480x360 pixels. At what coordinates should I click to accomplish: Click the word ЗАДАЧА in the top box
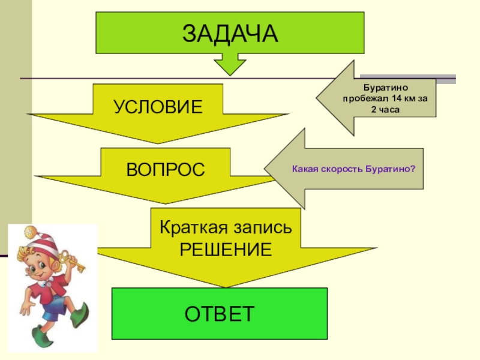pyautogui.click(x=230, y=33)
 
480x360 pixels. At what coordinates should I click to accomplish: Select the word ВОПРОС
pyautogui.click(x=165, y=169)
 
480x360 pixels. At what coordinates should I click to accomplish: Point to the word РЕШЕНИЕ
pyautogui.click(x=226, y=249)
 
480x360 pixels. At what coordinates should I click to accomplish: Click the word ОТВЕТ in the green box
pyautogui.click(x=220, y=314)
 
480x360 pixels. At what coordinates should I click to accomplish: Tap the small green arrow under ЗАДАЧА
pyautogui.click(x=230, y=64)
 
